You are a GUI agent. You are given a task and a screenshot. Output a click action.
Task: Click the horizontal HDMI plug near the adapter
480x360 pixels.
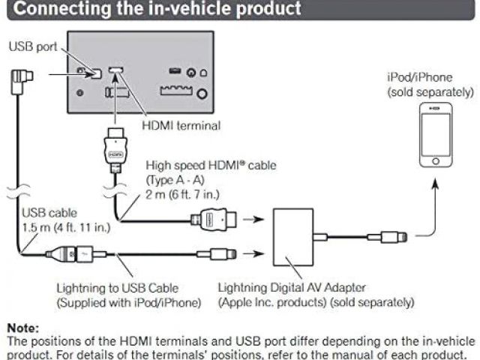coord(217,220)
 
